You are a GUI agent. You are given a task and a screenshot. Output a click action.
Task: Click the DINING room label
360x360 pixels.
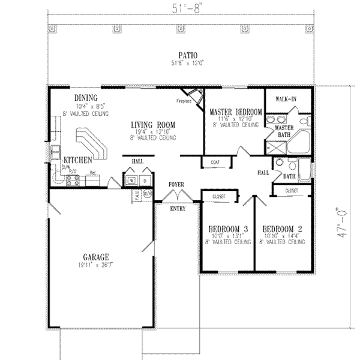86,98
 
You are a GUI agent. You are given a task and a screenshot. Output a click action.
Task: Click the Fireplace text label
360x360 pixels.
183,101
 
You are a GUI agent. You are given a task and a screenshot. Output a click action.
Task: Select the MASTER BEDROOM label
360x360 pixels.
235,112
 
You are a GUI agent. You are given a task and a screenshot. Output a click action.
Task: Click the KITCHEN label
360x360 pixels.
78,160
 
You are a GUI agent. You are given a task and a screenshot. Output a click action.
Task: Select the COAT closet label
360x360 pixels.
214,162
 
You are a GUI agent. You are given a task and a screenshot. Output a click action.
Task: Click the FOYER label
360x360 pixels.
176,184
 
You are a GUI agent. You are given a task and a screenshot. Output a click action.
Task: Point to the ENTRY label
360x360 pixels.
178,209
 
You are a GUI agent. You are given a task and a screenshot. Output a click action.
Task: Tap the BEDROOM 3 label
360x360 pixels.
228,229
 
